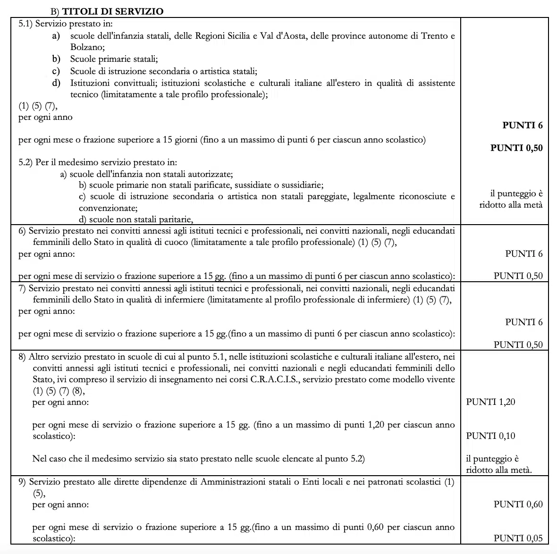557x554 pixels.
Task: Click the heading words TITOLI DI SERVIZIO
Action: pyautogui.click(x=113, y=11)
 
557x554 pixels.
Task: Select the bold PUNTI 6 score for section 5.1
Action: pyautogui.click(x=523, y=125)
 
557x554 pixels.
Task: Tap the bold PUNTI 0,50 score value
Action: pyautogui.click(x=516, y=148)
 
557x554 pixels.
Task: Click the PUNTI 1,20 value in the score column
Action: pyautogui.click(x=490, y=402)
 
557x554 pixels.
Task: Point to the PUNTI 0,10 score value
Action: pyautogui.click(x=490, y=436)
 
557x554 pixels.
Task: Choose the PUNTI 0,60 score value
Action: pyautogui.click(x=518, y=504)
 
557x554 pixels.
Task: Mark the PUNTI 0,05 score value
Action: pyautogui.click(x=518, y=538)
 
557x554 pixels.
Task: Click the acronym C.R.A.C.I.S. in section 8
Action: pyautogui.click(x=273, y=379)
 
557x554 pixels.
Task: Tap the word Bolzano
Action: pyautogui.click(x=87, y=47)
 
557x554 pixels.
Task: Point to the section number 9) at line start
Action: pyautogui.click(x=22, y=482)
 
